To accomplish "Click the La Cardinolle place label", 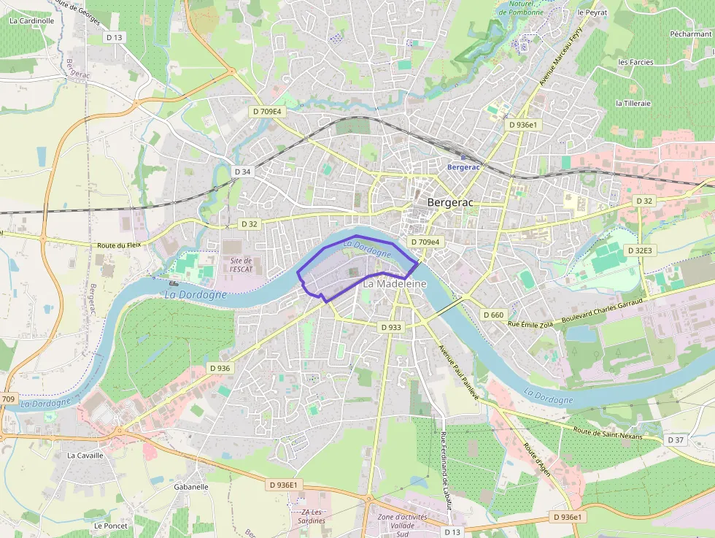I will click(32, 21).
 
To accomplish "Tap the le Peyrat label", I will click(592, 12).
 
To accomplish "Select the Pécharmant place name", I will click(690, 34).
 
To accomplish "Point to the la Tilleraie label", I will click(633, 103).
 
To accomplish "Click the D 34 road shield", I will click(243, 172).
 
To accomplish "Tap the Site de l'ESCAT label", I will click(241, 264).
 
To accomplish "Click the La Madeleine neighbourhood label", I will click(395, 283).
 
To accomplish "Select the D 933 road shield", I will click(391, 328).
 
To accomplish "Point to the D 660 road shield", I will click(493, 315).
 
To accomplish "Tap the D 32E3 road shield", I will click(639, 250).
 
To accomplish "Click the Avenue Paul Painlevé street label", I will click(457, 372).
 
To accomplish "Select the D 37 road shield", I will click(676, 440).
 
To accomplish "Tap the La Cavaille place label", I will click(85, 455).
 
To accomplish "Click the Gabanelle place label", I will click(191, 486).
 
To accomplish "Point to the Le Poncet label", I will click(111, 525).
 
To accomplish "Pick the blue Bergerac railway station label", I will click(463, 166).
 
